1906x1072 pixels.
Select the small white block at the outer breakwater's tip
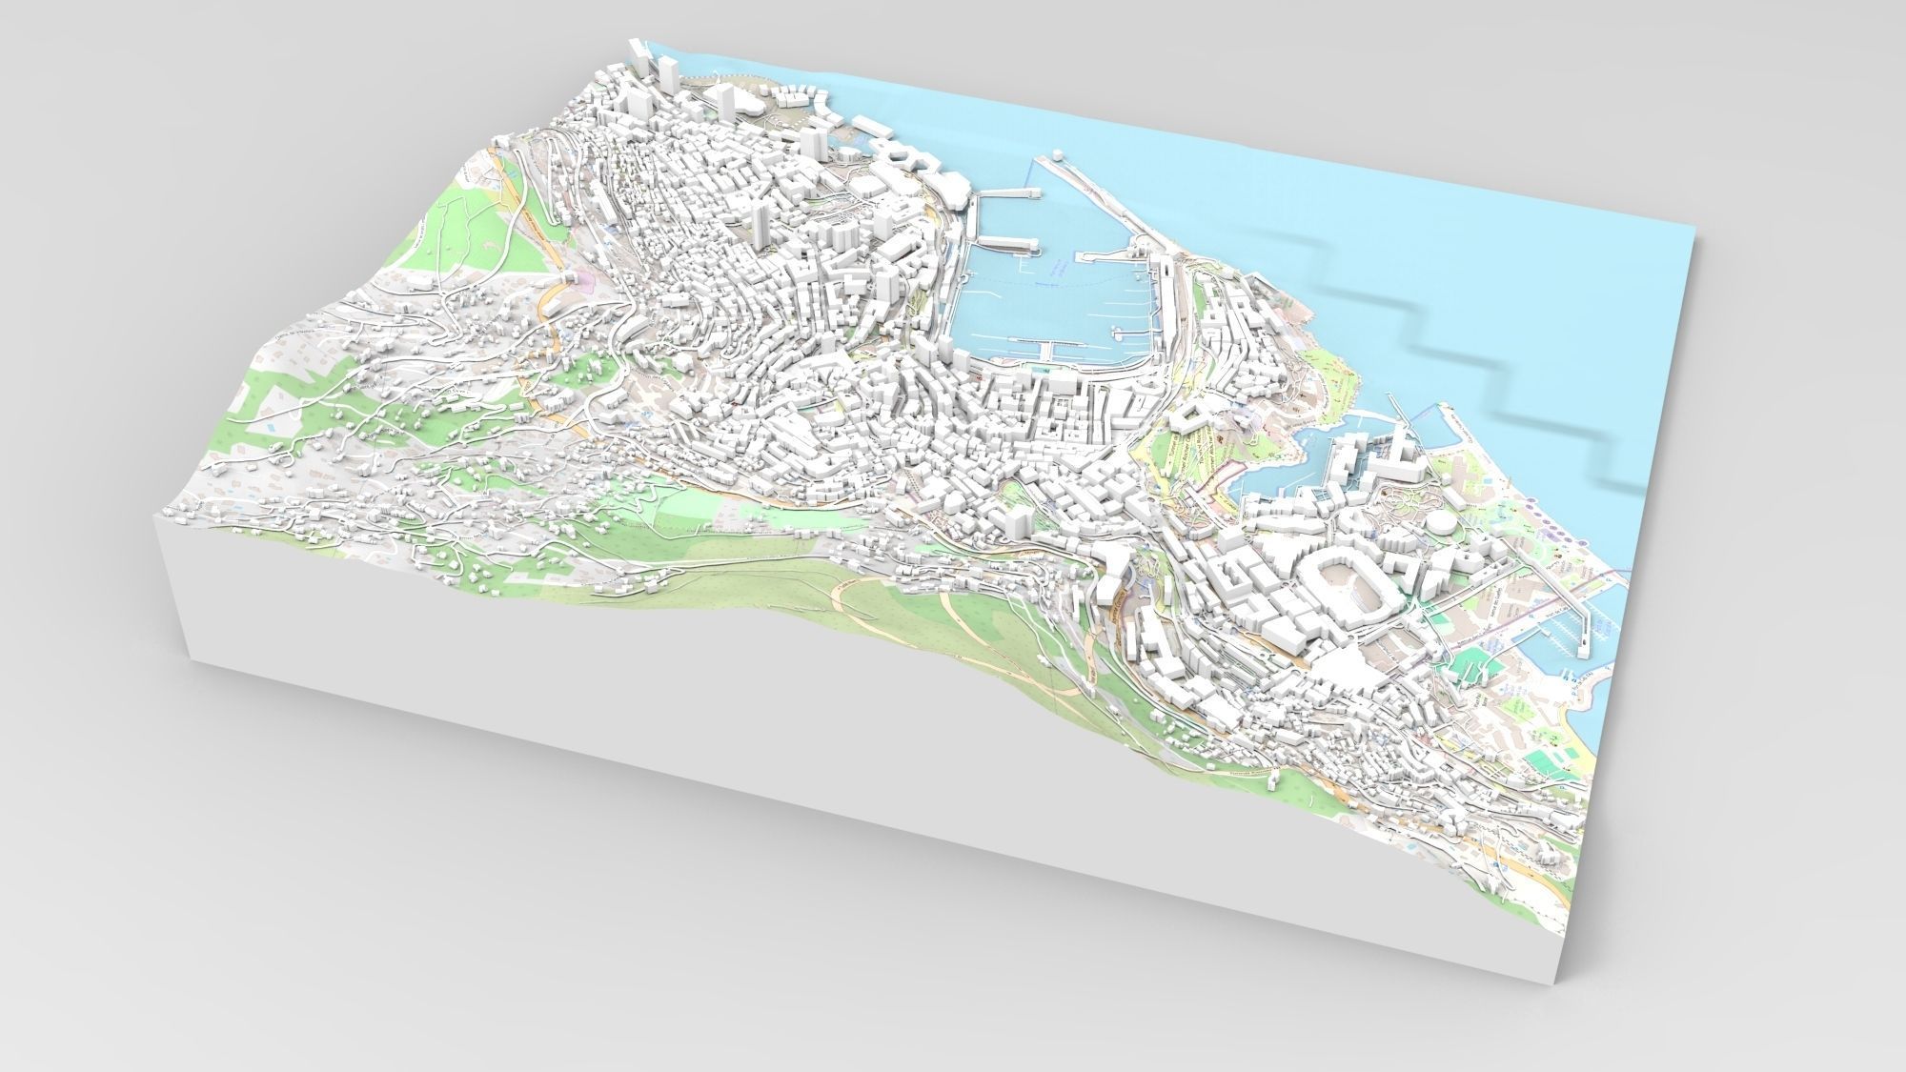[x=1059, y=155]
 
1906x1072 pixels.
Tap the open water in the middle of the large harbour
[x=1048, y=295]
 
